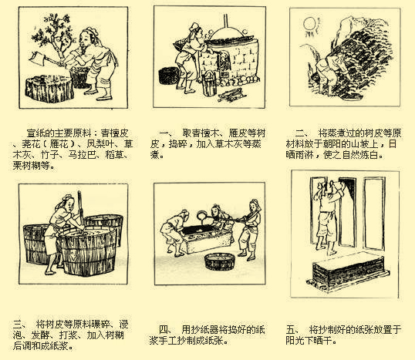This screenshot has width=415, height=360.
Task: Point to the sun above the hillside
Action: (311, 24)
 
